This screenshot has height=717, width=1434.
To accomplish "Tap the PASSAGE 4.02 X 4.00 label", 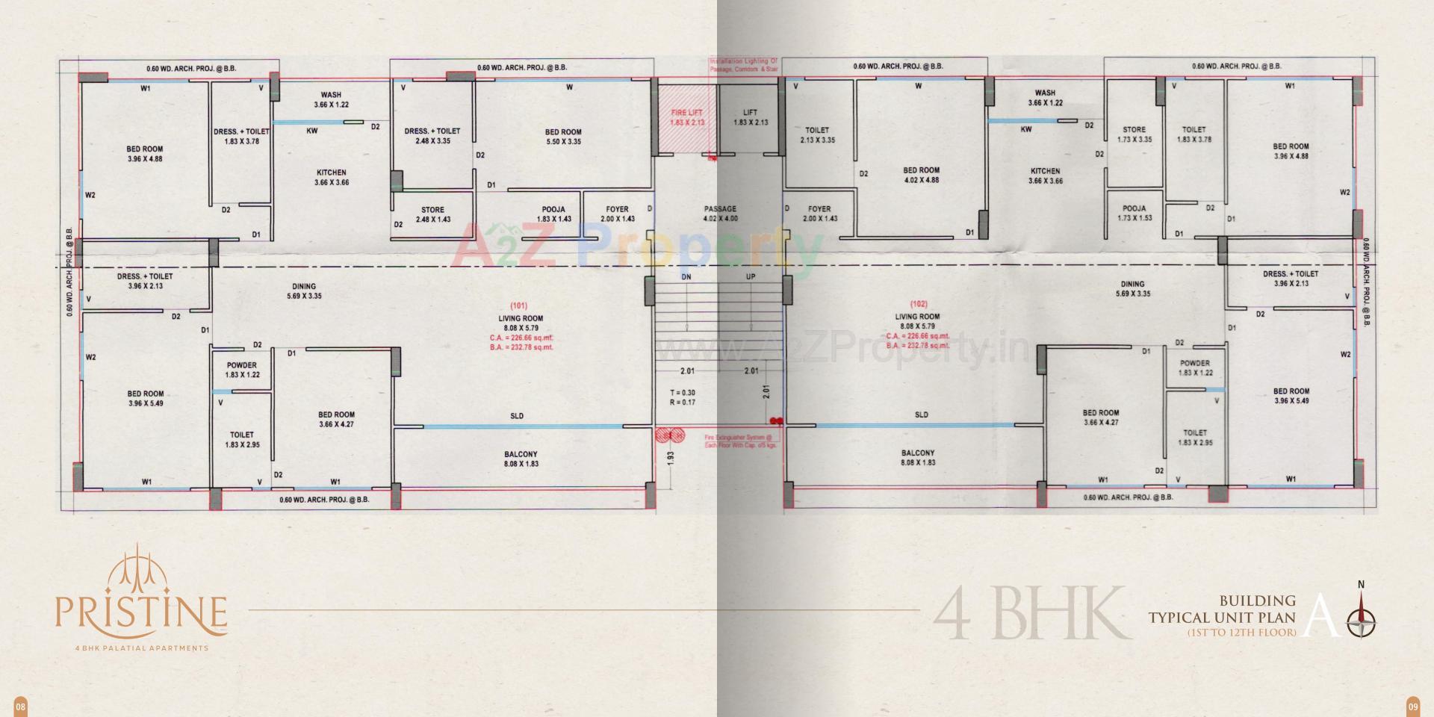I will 720,214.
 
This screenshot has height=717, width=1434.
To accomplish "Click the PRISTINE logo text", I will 140,611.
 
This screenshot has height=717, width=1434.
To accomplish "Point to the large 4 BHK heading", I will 1031,615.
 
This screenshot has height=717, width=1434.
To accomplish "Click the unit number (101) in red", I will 518,305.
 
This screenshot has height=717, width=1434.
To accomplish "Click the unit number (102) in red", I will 918,304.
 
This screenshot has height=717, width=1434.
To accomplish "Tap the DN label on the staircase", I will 686,277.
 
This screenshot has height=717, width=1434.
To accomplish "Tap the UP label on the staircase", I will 751,277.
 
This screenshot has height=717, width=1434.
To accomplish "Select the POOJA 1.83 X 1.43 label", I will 553,214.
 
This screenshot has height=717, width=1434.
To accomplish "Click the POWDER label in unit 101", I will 241,365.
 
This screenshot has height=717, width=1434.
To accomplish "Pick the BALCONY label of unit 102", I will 917,453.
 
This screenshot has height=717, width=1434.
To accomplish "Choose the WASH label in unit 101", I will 331,95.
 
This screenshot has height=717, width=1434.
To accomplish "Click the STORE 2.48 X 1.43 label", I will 432,214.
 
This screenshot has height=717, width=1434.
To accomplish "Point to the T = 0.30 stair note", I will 683,393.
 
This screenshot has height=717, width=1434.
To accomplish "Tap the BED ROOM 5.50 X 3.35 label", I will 563,137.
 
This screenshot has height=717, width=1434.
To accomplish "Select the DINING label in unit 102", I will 1132,284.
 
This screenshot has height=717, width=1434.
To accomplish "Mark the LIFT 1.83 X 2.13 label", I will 751,117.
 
